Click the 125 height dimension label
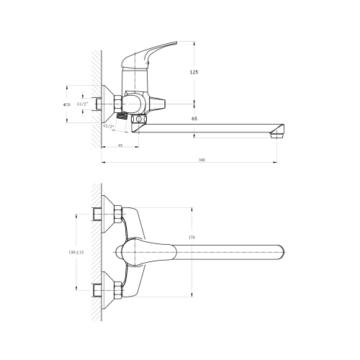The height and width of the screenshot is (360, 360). [x=194, y=73]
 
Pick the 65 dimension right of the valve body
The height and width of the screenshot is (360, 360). [x=194, y=117]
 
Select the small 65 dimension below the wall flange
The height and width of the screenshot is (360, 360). [x=120, y=147]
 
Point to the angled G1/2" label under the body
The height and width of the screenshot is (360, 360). [x=109, y=127]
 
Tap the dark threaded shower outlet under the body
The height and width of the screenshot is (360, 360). [x=122, y=116]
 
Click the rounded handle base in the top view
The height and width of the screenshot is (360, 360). [x=130, y=252]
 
